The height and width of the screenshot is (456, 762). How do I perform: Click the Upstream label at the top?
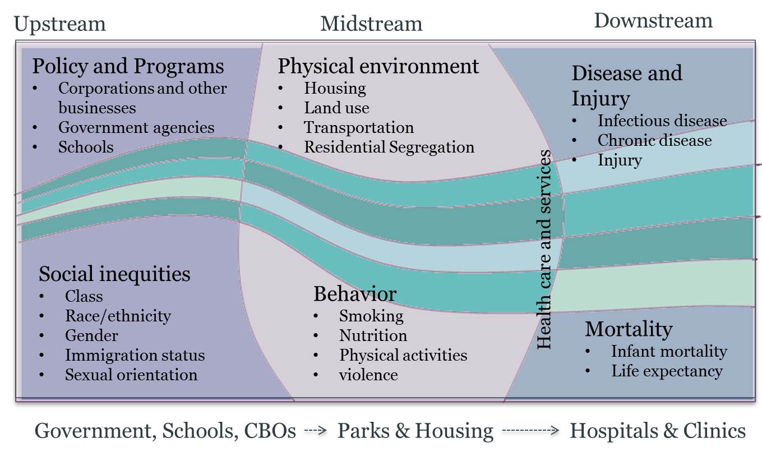(59, 24)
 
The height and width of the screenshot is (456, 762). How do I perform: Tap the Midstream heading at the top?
(371, 24)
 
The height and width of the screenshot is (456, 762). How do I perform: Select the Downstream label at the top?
(653, 21)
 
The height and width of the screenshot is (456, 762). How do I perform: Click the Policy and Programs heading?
(128, 66)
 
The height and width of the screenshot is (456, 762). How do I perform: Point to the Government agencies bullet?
(136, 127)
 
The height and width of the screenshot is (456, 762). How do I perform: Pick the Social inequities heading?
(114, 274)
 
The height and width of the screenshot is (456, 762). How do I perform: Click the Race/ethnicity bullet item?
(118, 316)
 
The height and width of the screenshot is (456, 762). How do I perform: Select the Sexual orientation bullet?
(131, 375)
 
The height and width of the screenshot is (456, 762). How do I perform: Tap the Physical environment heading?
(378, 66)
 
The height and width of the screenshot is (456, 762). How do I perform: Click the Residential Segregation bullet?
(389, 147)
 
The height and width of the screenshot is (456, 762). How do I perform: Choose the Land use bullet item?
(336, 108)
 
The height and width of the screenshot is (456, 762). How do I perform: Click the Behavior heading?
(355, 293)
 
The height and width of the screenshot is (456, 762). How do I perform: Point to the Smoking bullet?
(371, 316)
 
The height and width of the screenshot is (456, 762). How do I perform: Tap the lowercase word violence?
(368, 375)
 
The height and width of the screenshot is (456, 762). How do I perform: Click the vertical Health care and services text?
(544, 250)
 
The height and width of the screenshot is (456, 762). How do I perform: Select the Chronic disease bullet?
(654, 140)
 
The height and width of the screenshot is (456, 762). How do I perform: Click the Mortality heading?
(629, 329)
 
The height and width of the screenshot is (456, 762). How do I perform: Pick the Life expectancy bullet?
(667, 371)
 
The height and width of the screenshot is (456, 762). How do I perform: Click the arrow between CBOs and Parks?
(315, 431)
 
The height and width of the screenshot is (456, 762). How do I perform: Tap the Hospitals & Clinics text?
(658, 431)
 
